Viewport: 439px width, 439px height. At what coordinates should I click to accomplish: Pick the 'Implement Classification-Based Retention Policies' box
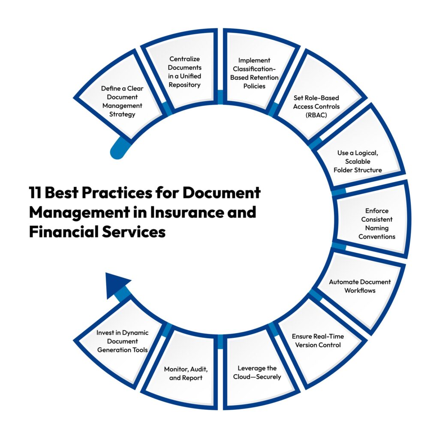(254, 73)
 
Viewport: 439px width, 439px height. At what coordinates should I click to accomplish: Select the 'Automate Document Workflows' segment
(359, 286)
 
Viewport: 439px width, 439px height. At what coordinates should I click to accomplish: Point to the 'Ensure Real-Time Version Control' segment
(318, 340)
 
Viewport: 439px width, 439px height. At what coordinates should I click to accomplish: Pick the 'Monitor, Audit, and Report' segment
(183, 373)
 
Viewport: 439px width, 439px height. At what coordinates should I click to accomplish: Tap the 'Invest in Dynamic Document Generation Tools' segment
(122, 341)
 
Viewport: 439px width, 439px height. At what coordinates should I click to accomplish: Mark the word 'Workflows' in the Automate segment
(360, 290)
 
